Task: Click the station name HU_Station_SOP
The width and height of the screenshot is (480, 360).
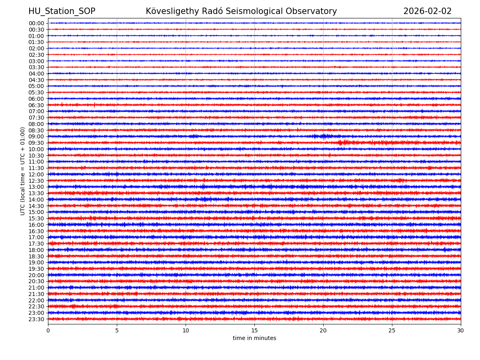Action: [x=62, y=12]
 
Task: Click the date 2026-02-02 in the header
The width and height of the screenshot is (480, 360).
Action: [x=427, y=12]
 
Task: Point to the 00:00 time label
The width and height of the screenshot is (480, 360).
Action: [x=36, y=23]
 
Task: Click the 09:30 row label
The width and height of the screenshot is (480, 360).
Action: [x=36, y=143]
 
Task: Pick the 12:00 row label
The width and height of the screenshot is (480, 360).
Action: [x=36, y=174]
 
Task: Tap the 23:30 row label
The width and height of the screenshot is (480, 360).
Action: [x=36, y=319]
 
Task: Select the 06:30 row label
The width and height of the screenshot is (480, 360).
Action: [x=36, y=105]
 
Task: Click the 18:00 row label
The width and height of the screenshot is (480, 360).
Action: [x=36, y=250]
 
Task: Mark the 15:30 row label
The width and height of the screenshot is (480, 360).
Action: [x=36, y=218]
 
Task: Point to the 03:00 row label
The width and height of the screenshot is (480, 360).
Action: [x=36, y=61]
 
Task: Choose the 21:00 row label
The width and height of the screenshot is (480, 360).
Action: [x=36, y=288]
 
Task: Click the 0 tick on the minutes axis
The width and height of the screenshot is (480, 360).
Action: [x=48, y=330]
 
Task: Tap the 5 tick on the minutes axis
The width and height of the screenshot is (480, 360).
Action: [x=117, y=330]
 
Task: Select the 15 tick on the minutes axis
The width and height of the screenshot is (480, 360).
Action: [x=254, y=330]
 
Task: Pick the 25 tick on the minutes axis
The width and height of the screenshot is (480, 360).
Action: [x=392, y=330]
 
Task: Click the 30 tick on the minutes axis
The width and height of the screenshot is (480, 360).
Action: [x=461, y=330]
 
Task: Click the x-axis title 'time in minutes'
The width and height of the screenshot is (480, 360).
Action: [x=254, y=338]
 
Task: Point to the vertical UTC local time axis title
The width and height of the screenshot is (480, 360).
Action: [x=23, y=171]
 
